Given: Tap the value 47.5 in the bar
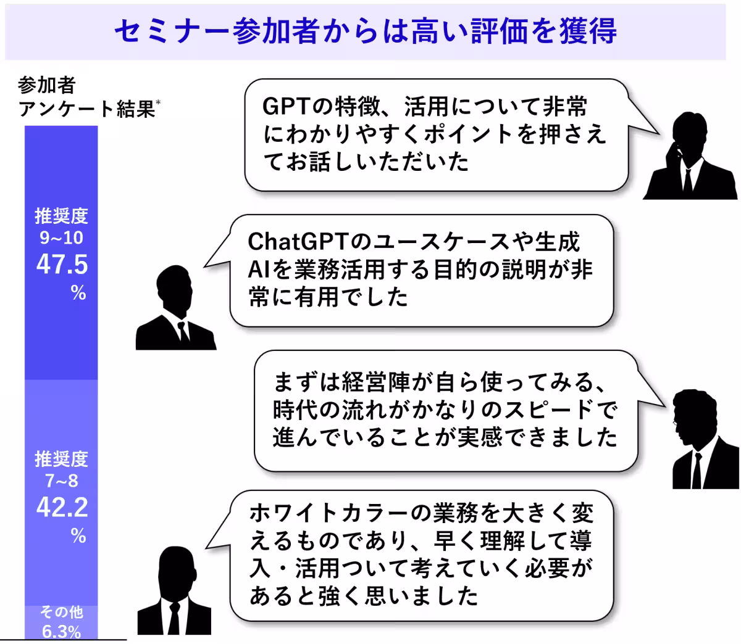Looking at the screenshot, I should (62, 265).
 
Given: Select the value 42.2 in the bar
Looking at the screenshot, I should (62, 508).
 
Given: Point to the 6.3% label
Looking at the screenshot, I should (62, 632).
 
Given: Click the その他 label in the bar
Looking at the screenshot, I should (62, 612).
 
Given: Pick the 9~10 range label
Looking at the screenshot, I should (62, 238).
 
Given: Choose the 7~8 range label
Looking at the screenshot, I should (62, 481).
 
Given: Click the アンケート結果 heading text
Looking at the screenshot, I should (86, 109).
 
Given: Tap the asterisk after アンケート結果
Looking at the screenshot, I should (158, 104).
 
